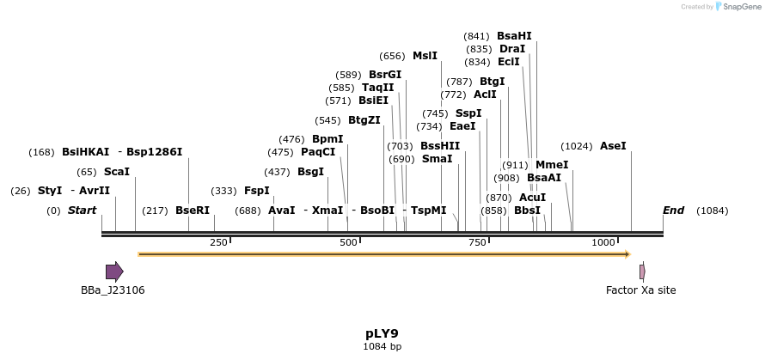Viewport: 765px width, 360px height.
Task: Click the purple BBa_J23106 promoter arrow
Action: pos(114,272)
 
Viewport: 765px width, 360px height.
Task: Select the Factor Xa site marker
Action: pos(642,272)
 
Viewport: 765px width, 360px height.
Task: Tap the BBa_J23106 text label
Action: pos(113,290)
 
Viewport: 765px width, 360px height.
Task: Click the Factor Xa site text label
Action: pos(641,290)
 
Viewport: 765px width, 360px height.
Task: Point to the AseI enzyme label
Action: pos(613,146)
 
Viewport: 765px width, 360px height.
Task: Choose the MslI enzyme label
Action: pos(425,56)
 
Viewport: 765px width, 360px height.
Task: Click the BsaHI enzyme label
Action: pos(514,36)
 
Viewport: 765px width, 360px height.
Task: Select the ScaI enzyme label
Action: pos(116,172)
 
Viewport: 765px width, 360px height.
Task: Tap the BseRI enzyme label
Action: pos(193,211)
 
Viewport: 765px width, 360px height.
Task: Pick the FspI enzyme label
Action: pos(257,191)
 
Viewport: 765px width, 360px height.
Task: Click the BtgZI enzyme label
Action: pos(364,120)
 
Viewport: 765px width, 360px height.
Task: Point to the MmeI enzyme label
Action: pos(552,165)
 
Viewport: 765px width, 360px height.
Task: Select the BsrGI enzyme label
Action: pos(385,75)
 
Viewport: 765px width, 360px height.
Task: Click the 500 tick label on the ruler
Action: pos(348,243)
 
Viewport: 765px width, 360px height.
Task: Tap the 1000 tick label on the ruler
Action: pos(604,243)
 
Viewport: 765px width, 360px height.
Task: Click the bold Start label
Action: pos(83,211)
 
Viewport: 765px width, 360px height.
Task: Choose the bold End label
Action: pos(674,211)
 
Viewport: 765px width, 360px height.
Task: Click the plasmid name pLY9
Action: pos(382,333)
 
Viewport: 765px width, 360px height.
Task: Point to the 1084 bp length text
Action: pos(382,347)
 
